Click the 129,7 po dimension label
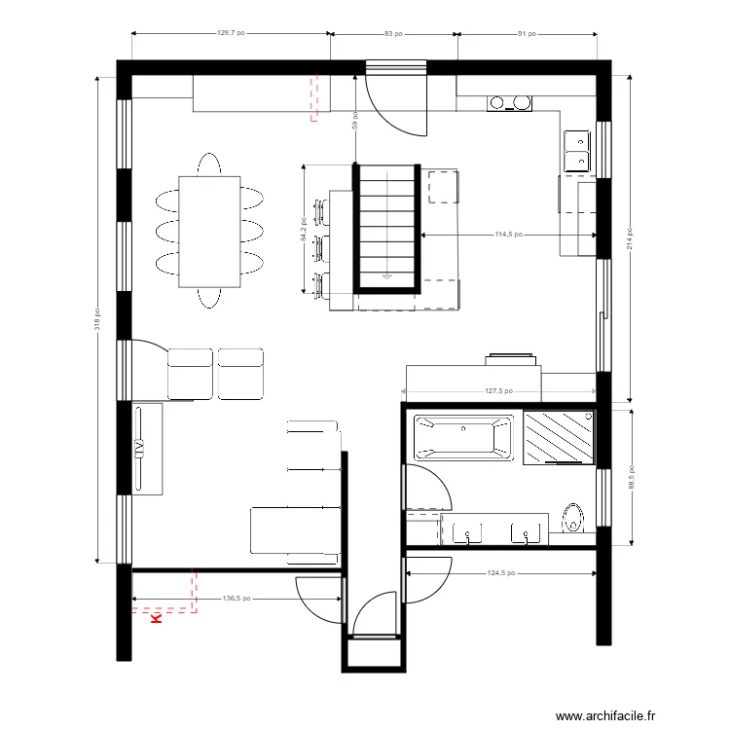point(231,33)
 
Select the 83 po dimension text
point(394,33)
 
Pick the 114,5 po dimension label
point(509,235)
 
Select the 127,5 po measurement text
point(498,392)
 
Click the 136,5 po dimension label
point(237,599)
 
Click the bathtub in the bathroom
point(463,437)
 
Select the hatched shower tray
point(558,437)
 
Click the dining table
point(209,232)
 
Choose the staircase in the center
point(387,228)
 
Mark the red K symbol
point(154,615)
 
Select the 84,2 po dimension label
point(304,230)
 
